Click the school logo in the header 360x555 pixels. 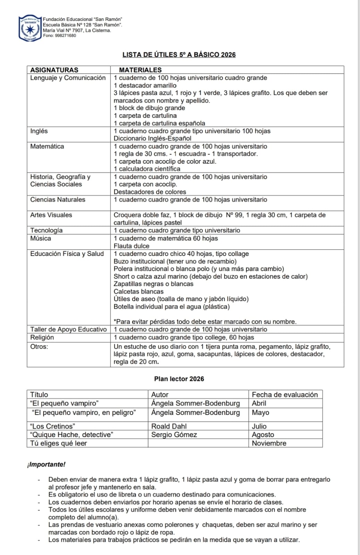30,28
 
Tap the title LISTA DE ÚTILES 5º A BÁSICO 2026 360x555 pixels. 179,55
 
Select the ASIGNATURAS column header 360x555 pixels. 54,70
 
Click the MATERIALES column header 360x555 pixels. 140,70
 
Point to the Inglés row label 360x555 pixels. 39,131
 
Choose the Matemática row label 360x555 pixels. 47,146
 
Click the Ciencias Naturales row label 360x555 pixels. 58,199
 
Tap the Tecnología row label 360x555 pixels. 47,230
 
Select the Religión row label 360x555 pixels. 42,338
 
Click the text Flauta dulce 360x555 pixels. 132,246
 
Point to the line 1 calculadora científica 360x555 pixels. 147,169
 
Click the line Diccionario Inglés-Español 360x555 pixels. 152,138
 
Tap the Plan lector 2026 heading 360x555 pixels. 179,379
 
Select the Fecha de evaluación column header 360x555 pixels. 285,394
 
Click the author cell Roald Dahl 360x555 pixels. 169,426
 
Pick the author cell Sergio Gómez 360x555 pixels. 174,435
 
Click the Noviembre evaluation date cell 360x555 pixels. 269,443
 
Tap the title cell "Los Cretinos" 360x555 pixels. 53,426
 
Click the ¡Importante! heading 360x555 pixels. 46,464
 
